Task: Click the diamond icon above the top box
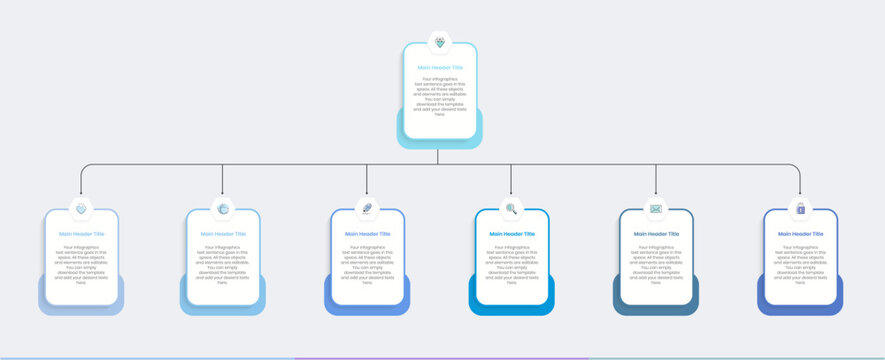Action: pos(441,43)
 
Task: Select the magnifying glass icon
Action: pos(511,209)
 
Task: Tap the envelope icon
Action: pos(656,209)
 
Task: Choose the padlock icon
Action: pos(800,209)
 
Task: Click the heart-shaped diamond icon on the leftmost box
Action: pos(81,209)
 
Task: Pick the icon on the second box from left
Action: pos(223,209)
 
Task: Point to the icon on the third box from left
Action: pos(367,209)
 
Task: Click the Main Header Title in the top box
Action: pos(440,67)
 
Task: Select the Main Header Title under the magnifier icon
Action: pos(511,234)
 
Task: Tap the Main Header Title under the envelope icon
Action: pos(656,234)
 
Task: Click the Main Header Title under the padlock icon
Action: pos(800,234)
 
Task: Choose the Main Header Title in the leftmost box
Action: pos(81,234)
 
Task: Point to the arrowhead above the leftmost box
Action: pos(81,193)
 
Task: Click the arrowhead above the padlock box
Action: pos(800,193)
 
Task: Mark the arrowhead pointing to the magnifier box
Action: pos(511,193)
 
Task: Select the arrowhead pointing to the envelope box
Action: pos(656,193)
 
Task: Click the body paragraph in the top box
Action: pos(440,96)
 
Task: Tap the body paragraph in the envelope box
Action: pos(656,264)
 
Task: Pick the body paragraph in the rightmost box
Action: pos(800,264)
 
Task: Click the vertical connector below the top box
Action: pos(438,156)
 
